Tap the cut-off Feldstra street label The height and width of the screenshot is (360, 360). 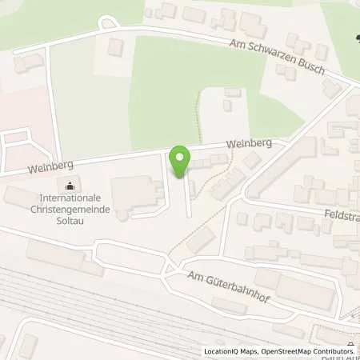[342, 216]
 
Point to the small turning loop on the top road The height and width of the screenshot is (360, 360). [107, 25]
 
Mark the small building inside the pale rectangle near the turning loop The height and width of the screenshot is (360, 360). [115, 48]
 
